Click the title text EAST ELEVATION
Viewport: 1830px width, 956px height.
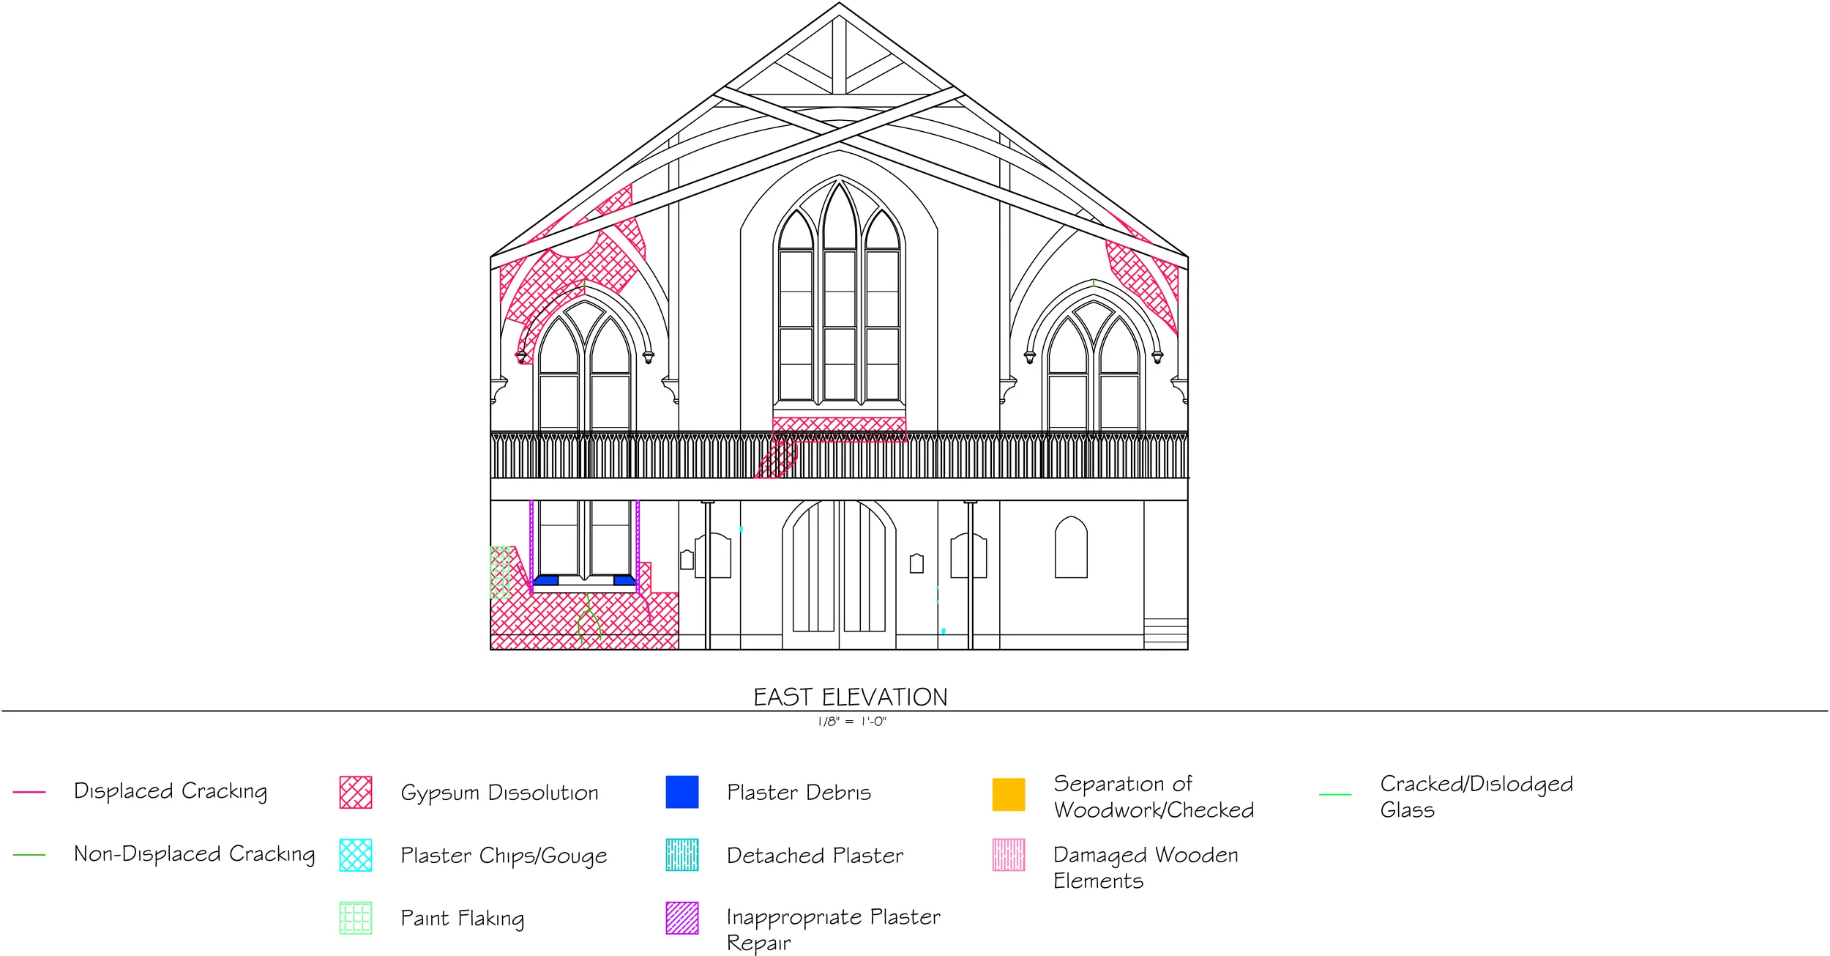coord(851,697)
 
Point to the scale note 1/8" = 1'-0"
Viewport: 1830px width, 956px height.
coord(851,722)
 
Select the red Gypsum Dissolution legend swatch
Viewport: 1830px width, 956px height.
coord(356,792)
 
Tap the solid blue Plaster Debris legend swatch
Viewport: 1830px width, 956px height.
coord(681,792)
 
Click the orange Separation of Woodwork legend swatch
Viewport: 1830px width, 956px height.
coord(1008,794)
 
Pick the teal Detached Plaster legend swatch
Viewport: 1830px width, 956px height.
coord(681,855)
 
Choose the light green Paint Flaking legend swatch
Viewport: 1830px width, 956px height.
coord(356,918)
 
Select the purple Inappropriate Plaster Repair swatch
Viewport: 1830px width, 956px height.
coord(681,918)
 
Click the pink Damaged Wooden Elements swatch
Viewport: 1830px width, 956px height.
coord(1008,855)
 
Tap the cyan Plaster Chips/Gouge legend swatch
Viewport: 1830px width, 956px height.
coord(356,855)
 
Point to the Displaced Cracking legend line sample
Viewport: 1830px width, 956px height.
coord(29,792)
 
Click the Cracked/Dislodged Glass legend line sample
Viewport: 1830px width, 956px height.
coord(1334,794)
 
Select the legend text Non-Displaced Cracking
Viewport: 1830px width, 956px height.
coord(194,854)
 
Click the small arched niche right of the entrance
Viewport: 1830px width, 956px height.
coord(1070,547)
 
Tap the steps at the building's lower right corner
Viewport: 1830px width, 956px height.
coord(1165,633)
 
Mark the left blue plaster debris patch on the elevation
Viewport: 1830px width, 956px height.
coord(546,580)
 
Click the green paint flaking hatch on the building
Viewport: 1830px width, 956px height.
coord(499,572)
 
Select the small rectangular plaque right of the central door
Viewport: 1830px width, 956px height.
coord(916,563)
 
